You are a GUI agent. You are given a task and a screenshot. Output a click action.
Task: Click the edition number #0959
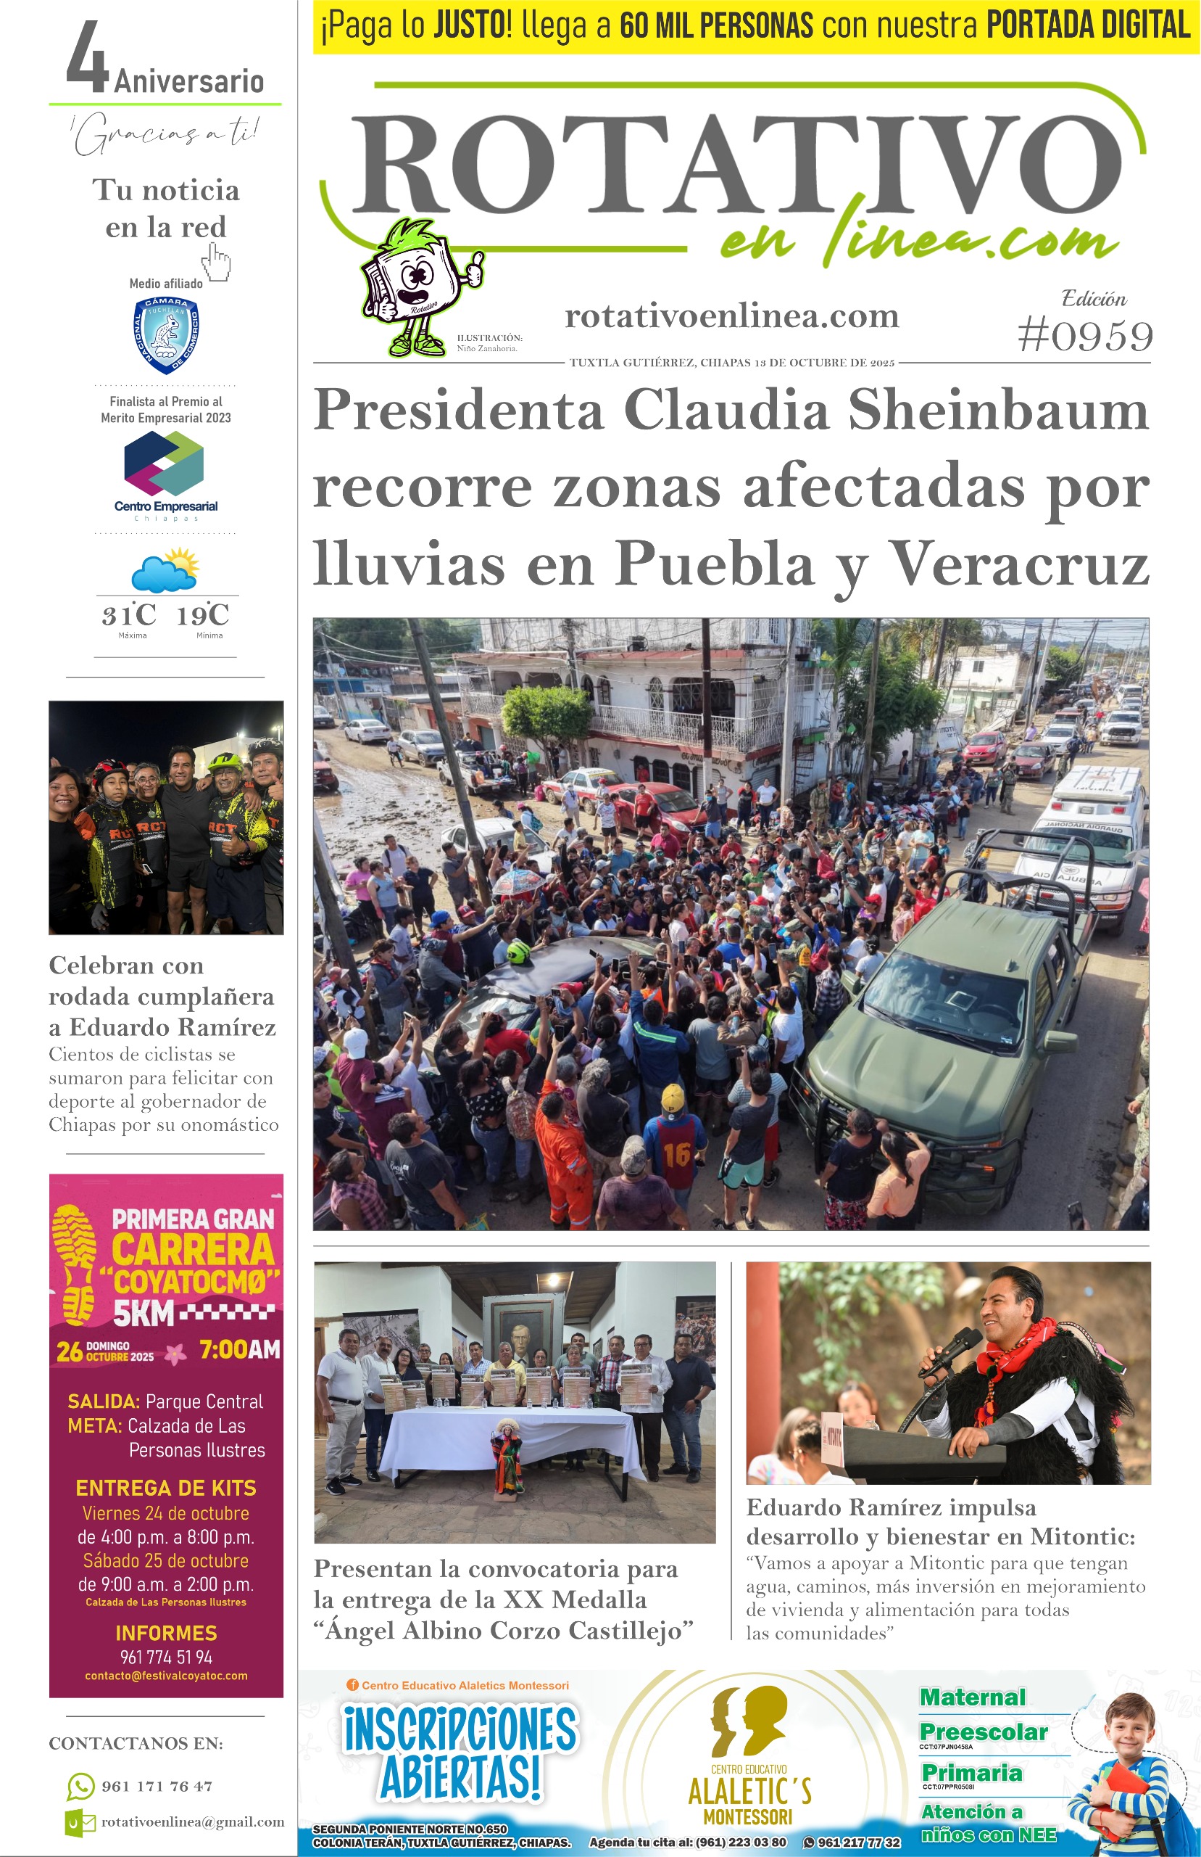pos(1085,337)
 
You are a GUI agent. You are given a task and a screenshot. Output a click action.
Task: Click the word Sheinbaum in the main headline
pos(998,411)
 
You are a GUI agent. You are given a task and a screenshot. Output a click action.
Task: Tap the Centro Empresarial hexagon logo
pos(165,464)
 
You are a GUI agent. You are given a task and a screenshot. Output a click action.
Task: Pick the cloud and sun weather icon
pos(165,571)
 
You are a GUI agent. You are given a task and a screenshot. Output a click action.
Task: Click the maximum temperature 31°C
pos(129,615)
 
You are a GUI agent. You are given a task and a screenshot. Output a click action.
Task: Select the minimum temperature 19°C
pos(203,615)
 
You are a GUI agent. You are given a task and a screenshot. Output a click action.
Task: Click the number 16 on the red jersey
pos(677,1154)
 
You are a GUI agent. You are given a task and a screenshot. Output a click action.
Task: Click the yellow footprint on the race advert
pos(75,1264)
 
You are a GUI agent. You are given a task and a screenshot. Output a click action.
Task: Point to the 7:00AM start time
pos(239,1349)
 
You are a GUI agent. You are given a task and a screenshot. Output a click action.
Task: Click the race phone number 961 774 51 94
pos(165,1658)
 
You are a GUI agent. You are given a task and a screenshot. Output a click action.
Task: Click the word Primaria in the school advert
pos(972,1773)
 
